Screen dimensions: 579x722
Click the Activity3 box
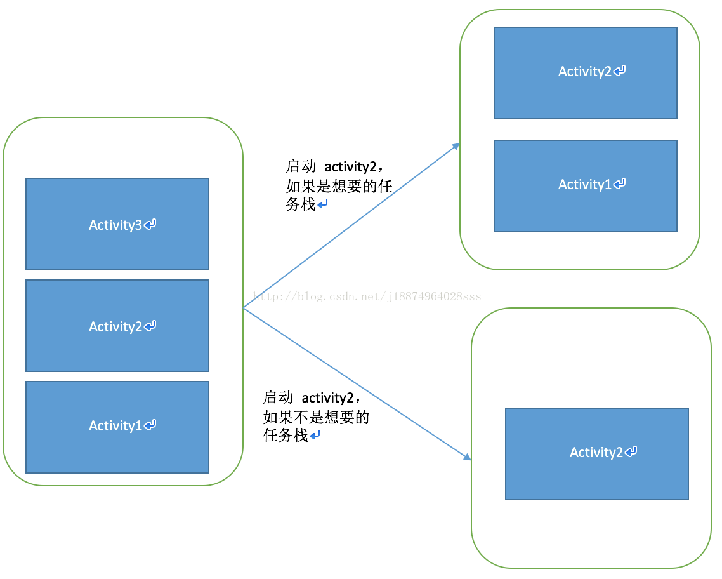(x=117, y=224)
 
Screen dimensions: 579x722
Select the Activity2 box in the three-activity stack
(x=117, y=326)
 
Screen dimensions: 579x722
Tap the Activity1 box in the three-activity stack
(x=117, y=427)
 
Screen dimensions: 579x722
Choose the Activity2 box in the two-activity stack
(x=585, y=73)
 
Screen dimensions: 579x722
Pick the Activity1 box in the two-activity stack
(x=585, y=186)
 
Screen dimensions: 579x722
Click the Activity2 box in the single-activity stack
(x=596, y=454)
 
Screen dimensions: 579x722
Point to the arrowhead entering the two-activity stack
(x=456, y=147)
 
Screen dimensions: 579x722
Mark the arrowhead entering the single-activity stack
(x=467, y=456)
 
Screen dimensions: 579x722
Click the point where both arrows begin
(x=244, y=308)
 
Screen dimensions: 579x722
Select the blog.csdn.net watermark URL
(x=367, y=296)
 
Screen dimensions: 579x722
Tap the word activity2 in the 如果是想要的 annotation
(x=351, y=167)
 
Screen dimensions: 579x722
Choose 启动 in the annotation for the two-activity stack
(x=301, y=167)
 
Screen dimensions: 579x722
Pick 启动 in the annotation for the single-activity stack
(x=278, y=398)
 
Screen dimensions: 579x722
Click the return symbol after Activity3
(x=150, y=224)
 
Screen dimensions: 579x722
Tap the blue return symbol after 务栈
(x=323, y=204)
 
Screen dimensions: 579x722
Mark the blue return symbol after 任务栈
(x=315, y=436)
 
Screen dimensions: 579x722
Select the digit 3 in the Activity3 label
(x=139, y=225)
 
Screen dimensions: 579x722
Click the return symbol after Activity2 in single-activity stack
(x=631, y=452)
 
